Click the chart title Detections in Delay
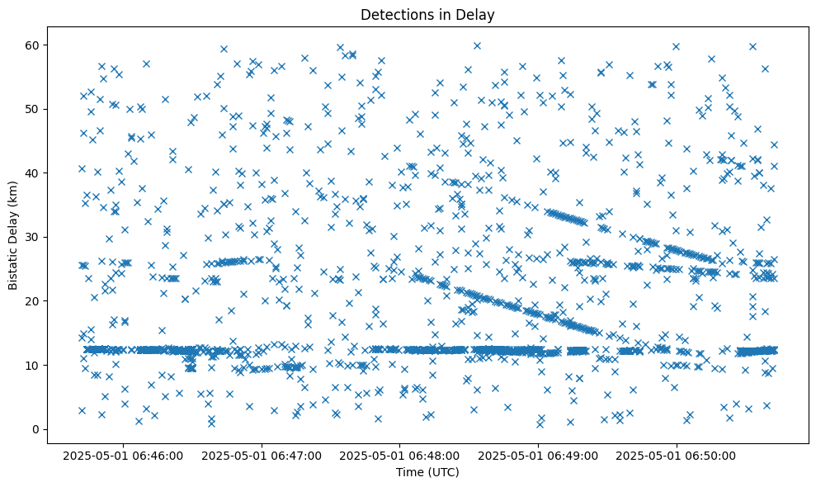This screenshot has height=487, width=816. (427, 14)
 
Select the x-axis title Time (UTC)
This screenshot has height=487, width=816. (427, 472)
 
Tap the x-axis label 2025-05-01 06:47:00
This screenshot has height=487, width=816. (262, 455)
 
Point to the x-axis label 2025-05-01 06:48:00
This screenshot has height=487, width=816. (401, 455)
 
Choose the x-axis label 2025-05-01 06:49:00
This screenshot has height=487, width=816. (539, 455)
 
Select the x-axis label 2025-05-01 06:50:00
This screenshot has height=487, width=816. (677, 455)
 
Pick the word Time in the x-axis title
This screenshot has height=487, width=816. (409, 472)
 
